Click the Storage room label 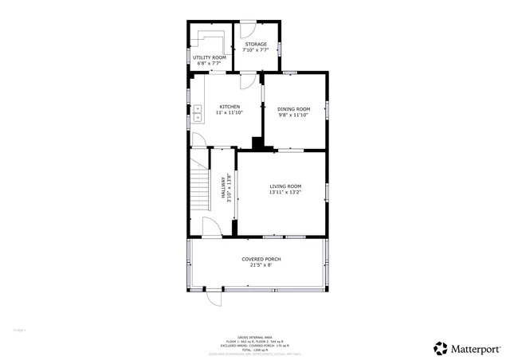(x=256, y=45)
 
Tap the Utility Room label (x=209, y=57)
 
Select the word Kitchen (x=229, y=107)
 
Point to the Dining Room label (x=292, y=108)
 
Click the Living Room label (x=284, y=186)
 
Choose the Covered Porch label (x=261, y=259)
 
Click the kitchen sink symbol (x=198, y=113)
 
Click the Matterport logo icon (x=441, y=348)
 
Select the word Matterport (x=477, y=349)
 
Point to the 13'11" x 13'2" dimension (x=284, y=192)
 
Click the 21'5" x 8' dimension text (x=261, y=265)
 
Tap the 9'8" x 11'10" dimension (x=292, y=115)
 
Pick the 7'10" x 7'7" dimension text (x=256, y=51)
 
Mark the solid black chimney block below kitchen (x=257, y=144)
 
